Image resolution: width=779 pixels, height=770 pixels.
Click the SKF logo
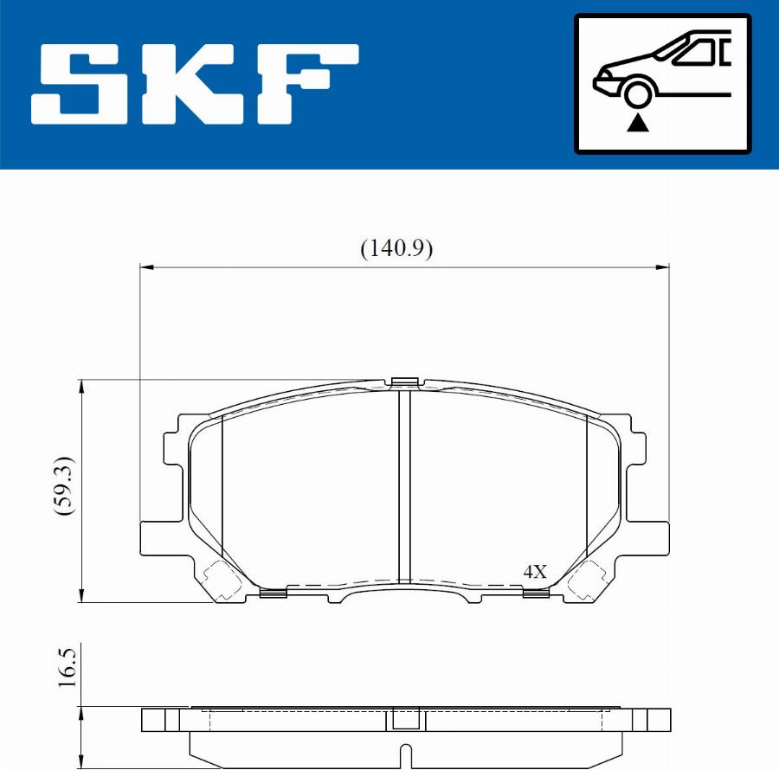(195, 84)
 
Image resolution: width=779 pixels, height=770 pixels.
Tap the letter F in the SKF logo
(308, 84)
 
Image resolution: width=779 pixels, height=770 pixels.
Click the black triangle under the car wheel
(637, 123)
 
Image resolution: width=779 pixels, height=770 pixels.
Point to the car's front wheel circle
(637, 93)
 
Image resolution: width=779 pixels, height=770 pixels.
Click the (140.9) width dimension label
(396, 247)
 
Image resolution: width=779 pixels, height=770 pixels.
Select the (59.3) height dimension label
(65, 485)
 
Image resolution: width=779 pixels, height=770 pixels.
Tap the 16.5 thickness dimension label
(67, 667)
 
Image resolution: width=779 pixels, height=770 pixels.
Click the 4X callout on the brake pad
(535, 571)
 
